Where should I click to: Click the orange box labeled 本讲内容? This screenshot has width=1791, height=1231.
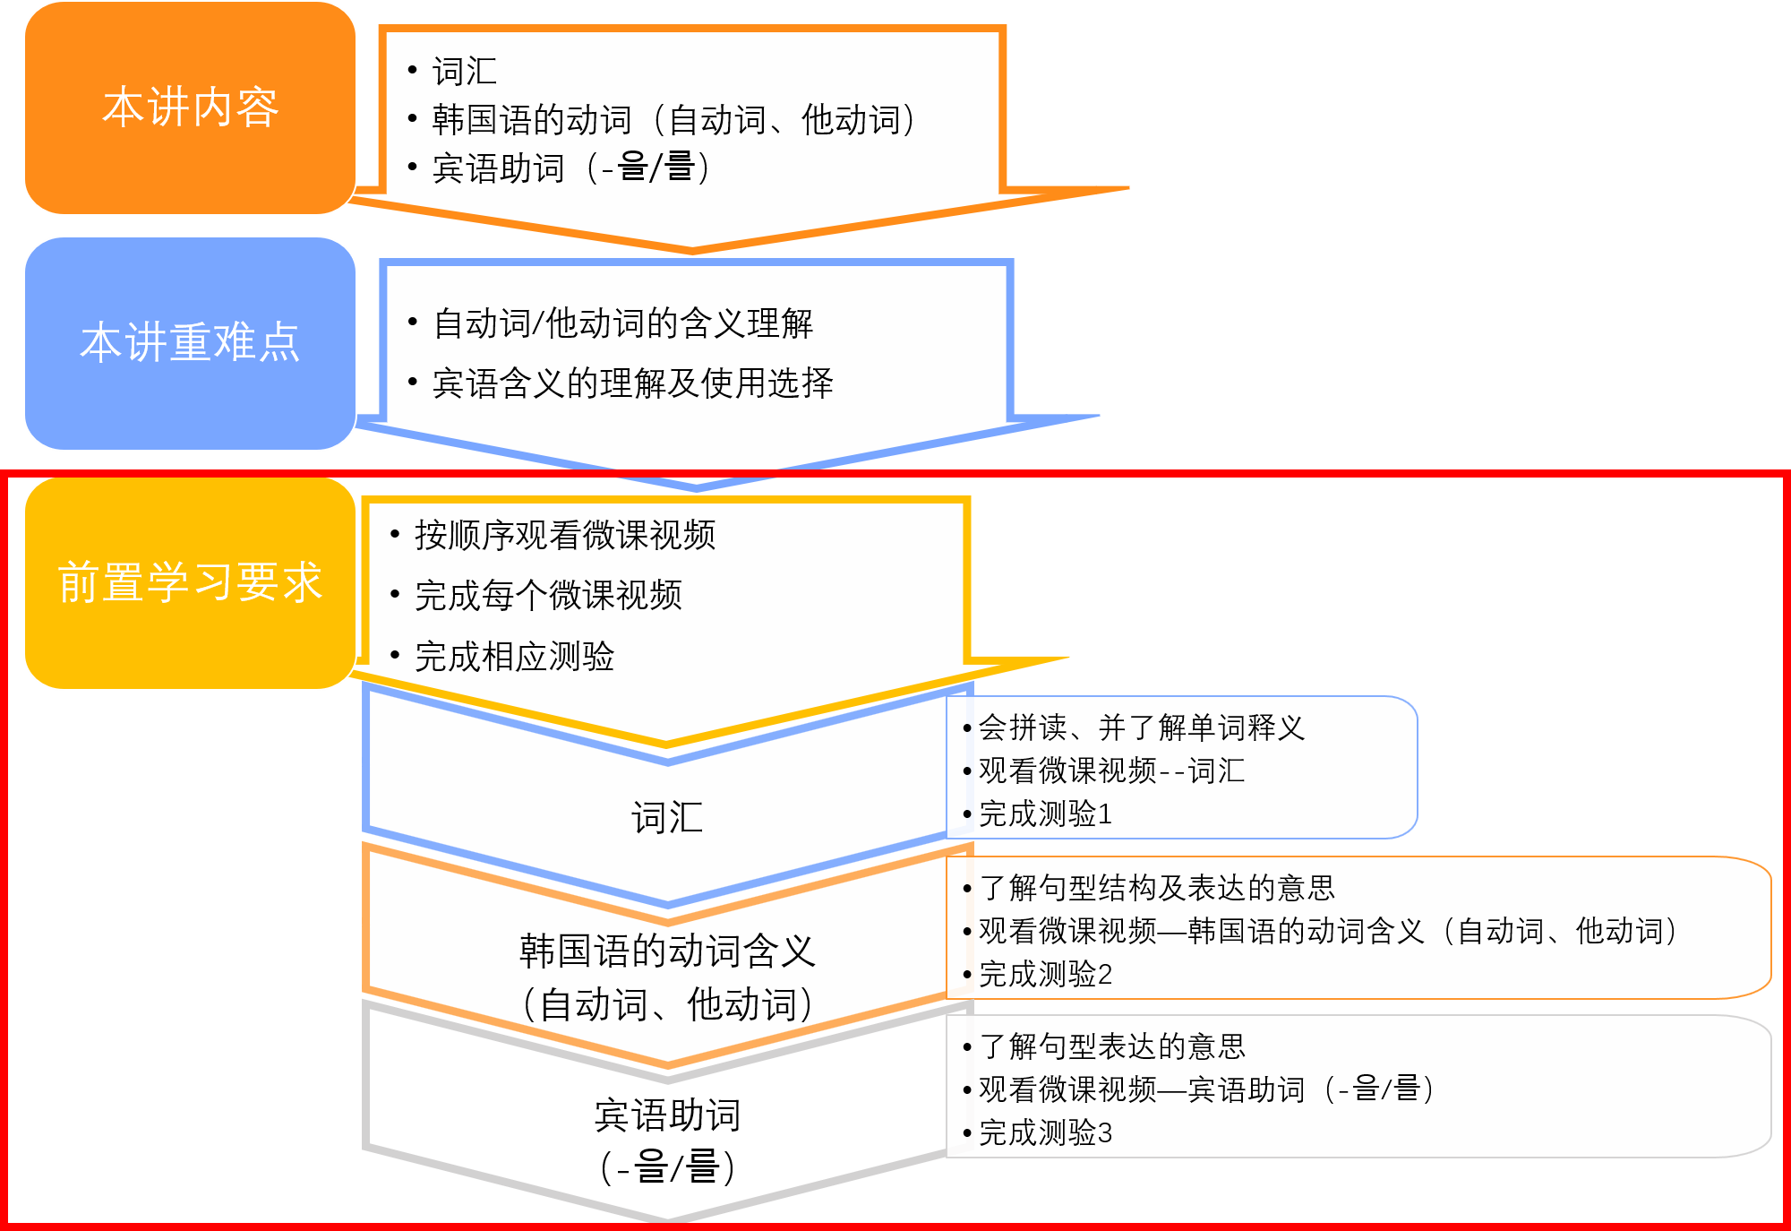pos(190,108)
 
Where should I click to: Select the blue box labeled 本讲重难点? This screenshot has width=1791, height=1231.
pos(190,343)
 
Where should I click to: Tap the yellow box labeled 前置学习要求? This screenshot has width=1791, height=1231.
pos(190,582)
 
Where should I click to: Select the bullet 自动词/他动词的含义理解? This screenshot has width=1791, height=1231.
pos(622,323)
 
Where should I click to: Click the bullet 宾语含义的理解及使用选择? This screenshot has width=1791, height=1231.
pos(632,383)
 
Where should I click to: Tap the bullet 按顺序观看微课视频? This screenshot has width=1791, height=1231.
pos(564,535)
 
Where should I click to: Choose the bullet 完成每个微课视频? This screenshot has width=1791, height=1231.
pos(548,595)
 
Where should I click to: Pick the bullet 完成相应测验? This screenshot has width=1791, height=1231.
pos(514,657)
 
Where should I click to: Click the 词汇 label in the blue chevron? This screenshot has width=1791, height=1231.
pos(667,818)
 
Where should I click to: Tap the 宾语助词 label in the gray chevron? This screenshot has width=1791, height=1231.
pos(667,1116)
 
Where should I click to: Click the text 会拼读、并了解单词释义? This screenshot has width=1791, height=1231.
pos(1141,727)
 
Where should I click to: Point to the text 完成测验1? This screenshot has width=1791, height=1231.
pos(1045,814)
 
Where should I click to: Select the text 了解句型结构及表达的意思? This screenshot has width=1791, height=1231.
pos(1156,888)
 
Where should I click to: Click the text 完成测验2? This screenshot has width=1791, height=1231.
pos(1045,974)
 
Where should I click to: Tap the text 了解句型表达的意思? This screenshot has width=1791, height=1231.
pos(1111,1046)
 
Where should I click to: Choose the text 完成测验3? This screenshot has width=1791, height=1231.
pos(1045,1133)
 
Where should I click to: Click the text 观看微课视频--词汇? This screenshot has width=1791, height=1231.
pos(1111,770)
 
